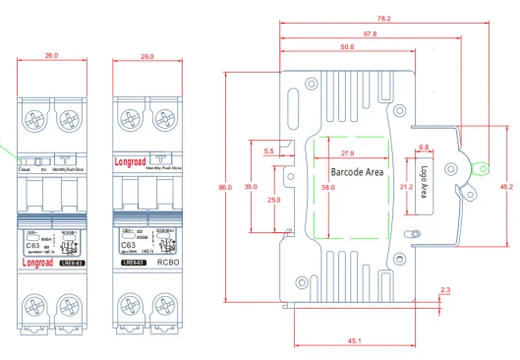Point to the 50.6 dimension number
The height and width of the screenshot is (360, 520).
tap(347, 46)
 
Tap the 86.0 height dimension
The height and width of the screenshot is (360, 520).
tap(223, 187)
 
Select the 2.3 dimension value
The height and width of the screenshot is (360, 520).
tap(445, 289)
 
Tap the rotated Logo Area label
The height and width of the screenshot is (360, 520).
tap(424, 183)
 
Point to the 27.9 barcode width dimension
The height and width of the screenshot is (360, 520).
tap(348, 154)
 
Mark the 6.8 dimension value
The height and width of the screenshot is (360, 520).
tap(424, 148)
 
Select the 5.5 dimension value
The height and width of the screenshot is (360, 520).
tap(270, 150)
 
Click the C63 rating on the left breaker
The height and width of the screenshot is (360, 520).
tap(34, 240)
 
